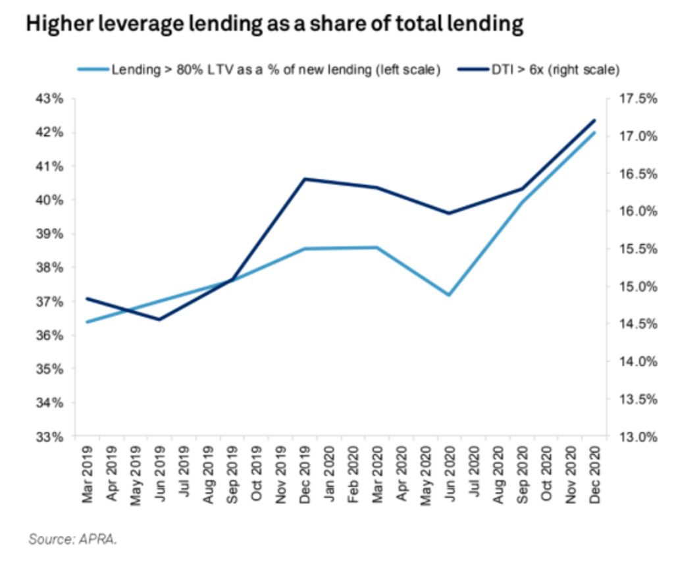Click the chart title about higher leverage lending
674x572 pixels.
[x=274, y=26]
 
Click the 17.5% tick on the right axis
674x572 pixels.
[x=638, y=99]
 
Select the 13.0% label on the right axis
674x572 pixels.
[x=638, y=436]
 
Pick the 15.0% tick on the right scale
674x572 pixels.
[x=638, y=286]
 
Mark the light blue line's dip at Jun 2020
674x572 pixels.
[x=450, y=295]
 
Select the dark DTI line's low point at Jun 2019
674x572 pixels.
[x=159, y=319]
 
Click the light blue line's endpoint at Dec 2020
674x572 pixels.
[x=594, y=132]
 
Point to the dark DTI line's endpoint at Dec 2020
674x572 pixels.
[x=594, y=120]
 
